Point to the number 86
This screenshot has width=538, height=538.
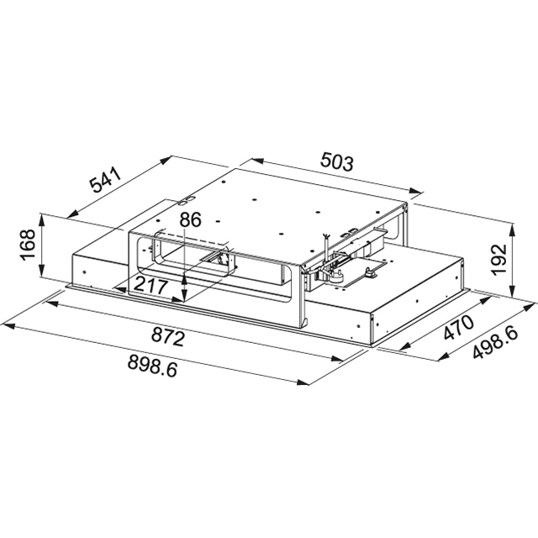tap(191, 221)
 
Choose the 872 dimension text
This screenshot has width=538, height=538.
tap(168, 338)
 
